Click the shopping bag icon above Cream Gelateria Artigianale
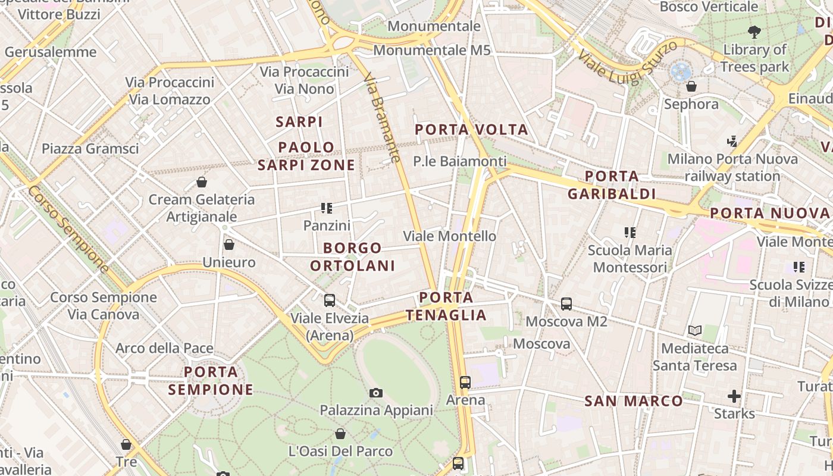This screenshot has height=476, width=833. coord(202,181)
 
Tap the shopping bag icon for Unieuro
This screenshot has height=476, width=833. coord(229,244)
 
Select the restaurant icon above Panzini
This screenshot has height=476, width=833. coord(326,208)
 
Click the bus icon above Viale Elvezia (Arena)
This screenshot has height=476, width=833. coord(329,300)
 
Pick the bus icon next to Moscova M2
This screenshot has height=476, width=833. coord(566,304)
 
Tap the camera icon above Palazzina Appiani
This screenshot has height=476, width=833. coord(375,393)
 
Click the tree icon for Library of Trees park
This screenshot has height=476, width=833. coord(754,32)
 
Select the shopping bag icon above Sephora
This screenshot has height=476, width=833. coord(691,86)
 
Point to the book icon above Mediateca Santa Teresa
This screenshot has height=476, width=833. coord(694,330)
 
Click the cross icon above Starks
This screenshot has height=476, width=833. coord(734,396)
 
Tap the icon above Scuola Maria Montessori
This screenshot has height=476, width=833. coord(630,232)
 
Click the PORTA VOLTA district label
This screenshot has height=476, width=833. coord(471,129)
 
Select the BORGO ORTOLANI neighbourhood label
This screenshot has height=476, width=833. coord(353,256)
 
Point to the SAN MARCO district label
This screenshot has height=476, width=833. coord(634,401)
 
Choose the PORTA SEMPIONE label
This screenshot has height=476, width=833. coord(211,381)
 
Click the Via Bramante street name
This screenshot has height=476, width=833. coord(381,118)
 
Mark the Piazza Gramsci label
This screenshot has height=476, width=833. coord(90,148)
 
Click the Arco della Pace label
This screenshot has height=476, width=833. coord(164,348)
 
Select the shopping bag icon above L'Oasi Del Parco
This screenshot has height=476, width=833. coord(340,434)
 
